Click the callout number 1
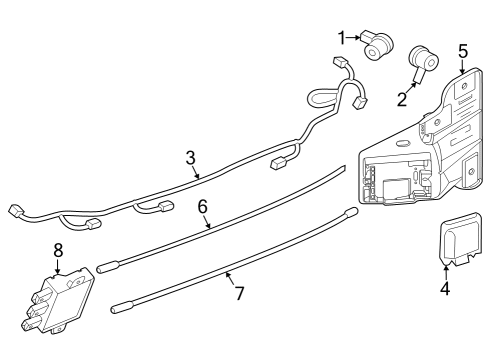click(x=341, y=38)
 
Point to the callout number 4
click(x=445, y=290)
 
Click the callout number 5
click(x=462, y=49)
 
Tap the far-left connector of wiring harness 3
click(x=16, y=210)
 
